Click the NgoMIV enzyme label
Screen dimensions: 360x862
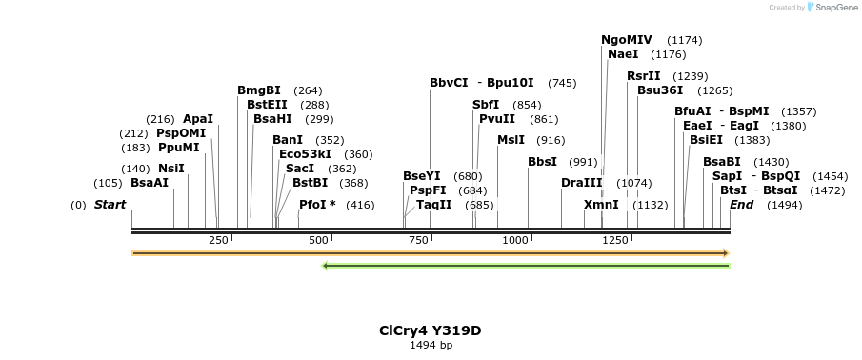pyautogui.click(x=626, y=40)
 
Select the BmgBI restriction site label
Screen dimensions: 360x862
pyautogui.click(x=259, y=90)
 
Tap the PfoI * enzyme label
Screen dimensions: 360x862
pyautogui.click(x=317, y=205)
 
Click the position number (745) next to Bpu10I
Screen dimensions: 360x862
pyautogui.click(x=562, y=83)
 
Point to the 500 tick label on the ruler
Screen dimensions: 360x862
pyautogui.click(x=319, y=240)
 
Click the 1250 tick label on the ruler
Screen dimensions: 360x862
pyautogui.click(x=613, y=240)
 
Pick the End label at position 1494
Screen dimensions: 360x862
pyautogui.click(x=742, y=205)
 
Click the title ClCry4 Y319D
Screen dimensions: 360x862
pyautogui.click(x=430, y=330)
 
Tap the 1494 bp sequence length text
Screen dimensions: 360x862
pyautogui.click(x=431, y=345)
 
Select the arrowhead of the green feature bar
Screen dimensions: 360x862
pyautogui.click(x=326, y=266)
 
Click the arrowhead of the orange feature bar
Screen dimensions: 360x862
pyautogui.click(x=726, y=253)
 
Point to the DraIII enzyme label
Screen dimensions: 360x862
pyautogui.click(x=581, y=183)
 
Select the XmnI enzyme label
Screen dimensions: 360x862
pyautogui.click(x=601, y=205)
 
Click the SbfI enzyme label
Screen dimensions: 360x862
pyautogui.click(x=486, y=105)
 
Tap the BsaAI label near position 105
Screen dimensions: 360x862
pyautogui.click(x=150, y=183)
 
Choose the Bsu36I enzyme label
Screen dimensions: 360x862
pyautogui.click(x=660, y=90)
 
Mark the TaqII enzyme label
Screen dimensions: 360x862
pyautogui.click(x=433, y=205)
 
